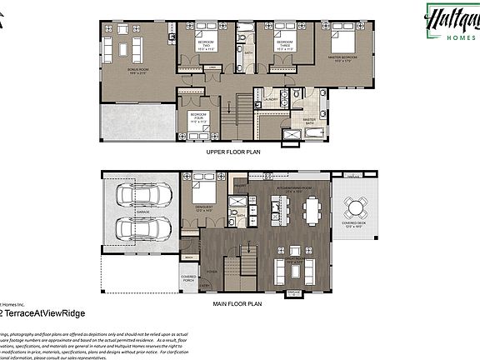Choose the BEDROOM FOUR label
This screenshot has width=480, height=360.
197,117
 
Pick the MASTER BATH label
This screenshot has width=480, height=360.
309,122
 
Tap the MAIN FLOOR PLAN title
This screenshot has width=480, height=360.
237,304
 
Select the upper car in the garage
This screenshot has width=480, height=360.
141,197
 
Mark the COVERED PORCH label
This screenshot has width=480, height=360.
189,278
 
